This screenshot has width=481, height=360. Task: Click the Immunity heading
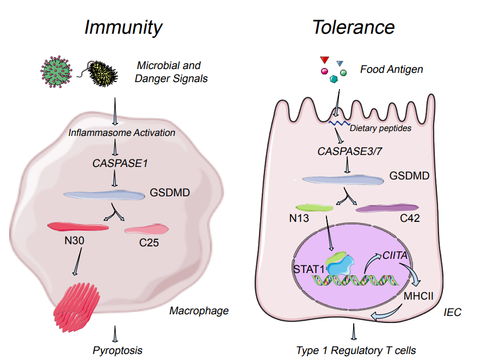(x=124, y=27)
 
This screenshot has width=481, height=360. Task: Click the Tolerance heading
(x=353, y=27)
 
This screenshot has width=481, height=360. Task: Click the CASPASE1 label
(x=115, y=162)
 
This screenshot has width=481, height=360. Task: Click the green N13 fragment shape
(x=314, y=208)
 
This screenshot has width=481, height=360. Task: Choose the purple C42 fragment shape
(x=387, y=208)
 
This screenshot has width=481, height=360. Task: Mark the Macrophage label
(x=199, y=311)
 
